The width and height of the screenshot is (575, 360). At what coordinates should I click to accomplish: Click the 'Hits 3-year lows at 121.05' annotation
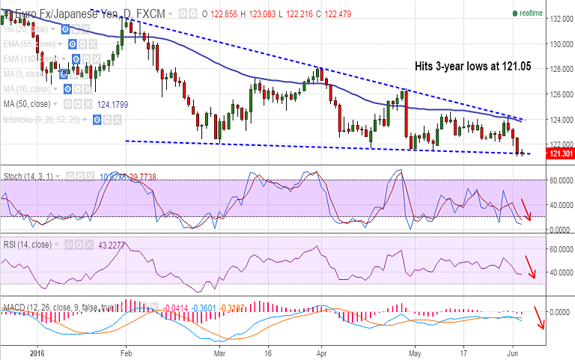click(472, 67)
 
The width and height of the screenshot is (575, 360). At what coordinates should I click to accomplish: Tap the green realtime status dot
click(515, 13)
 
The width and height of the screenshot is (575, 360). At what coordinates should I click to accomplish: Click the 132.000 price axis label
click(559, 19)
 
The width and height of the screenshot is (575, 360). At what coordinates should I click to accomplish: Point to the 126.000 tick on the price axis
click(559, 94)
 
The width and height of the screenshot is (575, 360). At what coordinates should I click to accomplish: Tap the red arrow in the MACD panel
click(538, 318)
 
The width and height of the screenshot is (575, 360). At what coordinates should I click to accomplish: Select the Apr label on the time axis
click(320, 350)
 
